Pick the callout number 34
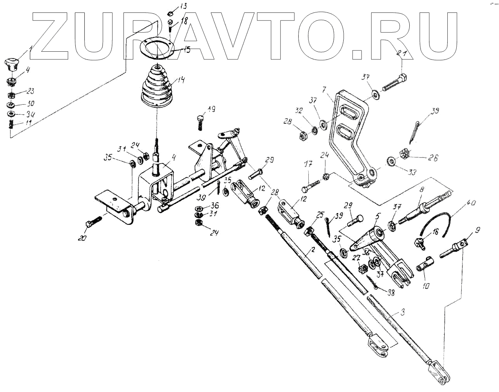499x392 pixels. point(30,115)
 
